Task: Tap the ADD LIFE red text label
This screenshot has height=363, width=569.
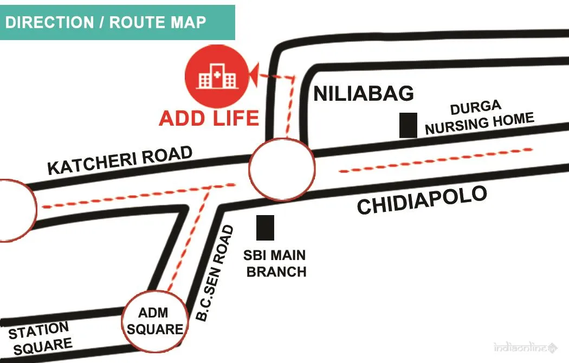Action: [x=209, y=118]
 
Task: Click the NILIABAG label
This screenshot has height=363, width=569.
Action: [x=364, y=94]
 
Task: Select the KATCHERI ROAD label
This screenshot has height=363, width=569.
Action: [x=120, y=160]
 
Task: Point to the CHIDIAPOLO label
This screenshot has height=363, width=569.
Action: [x=422, y=200]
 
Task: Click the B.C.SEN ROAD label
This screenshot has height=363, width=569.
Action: [x=215, y=274]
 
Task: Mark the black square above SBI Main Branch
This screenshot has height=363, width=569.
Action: [x=265, y=228]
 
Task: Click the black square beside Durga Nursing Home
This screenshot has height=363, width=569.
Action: [x=408, y=125]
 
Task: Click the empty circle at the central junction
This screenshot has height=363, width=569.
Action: [x=281, y=168]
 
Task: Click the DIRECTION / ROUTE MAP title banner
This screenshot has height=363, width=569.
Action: [x=117, y=22]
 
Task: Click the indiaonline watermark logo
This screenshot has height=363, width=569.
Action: [x=525, y=347]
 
